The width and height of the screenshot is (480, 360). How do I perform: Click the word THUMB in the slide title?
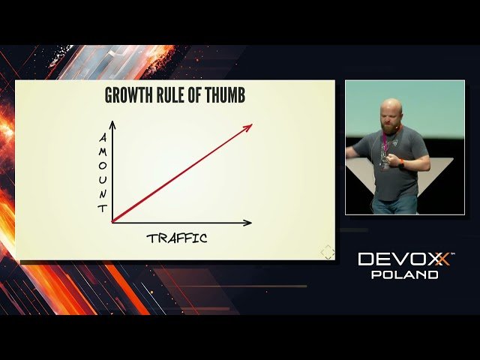(x=224, y=96)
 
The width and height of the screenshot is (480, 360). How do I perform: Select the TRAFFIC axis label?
(x=177, y=238)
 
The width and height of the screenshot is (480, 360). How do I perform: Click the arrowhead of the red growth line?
(x=248, y=126)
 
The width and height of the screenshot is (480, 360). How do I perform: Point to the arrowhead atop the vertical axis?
(x=113, y=123)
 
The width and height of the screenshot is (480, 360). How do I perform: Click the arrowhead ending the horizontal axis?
(x=247, y=222)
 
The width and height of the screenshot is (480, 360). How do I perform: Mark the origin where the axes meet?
(x=113, y=222)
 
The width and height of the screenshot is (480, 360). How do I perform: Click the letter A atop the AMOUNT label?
(x=103, y=138)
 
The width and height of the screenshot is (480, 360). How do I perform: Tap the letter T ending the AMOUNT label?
(x=103, y=208)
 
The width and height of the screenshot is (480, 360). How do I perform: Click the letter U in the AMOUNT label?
(x=103, y=180)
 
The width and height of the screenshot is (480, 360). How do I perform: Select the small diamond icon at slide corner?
(x=328, y=253)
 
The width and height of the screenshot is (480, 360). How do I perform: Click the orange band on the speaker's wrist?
(x=401, y=161)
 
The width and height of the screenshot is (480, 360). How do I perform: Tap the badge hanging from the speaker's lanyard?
(x=384, y=163)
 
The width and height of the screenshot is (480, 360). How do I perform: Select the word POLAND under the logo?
(x=405, y=274)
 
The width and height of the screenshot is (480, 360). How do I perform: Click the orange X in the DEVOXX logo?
(x=442, y=259)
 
